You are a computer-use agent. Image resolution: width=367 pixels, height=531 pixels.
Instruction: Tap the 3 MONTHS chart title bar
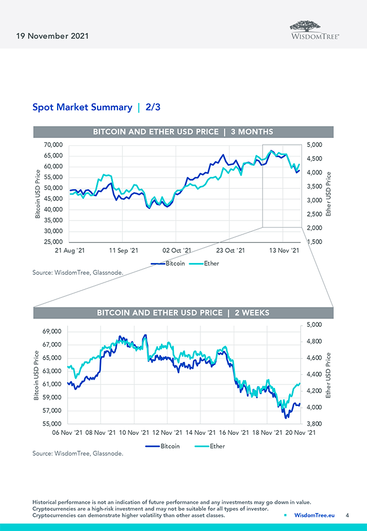183,132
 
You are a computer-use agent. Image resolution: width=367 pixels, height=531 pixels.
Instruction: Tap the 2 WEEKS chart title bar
183,313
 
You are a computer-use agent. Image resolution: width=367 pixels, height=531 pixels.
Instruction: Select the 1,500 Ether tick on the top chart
315,241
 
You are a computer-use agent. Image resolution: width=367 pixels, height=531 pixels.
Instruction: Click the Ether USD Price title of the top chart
329,194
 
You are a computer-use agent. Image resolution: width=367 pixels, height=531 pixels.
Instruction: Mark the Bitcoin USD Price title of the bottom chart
37,376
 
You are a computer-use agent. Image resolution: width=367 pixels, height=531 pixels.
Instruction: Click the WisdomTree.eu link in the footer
314,515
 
